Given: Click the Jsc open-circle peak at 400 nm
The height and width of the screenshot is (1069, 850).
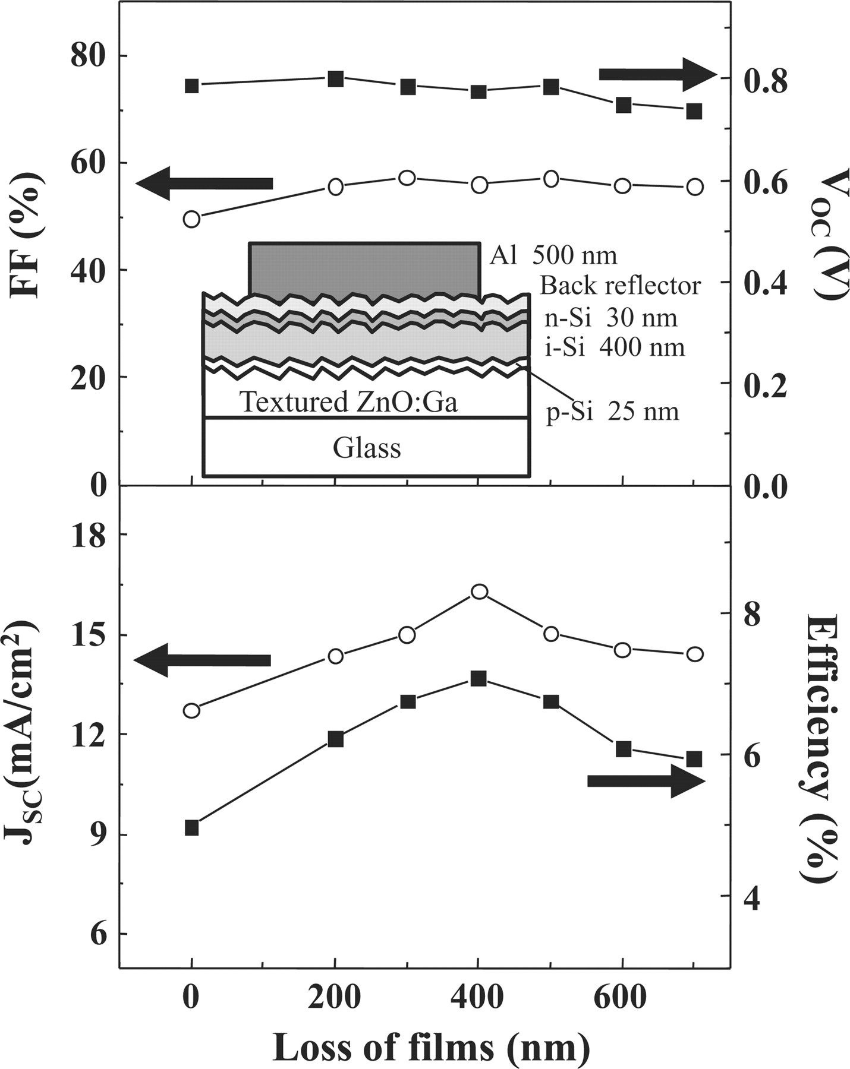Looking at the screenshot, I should [479, 592].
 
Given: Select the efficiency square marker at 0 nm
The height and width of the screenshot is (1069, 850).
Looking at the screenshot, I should [191, 828].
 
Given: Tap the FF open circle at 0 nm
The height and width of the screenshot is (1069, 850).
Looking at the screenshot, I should [191, 219].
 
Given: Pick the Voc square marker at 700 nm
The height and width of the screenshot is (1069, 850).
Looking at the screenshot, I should [694, 111].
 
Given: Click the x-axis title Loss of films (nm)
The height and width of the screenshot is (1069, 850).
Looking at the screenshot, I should [431, 1046].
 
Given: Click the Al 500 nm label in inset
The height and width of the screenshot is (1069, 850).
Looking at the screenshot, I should [553, 255].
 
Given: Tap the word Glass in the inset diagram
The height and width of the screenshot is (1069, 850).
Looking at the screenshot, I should [366, 448].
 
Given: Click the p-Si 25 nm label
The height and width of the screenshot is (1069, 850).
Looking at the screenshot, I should [612, 412].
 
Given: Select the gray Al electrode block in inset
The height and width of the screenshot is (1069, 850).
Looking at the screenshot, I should [364, 268].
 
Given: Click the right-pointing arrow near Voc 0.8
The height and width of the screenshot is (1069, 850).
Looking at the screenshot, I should [657, 75].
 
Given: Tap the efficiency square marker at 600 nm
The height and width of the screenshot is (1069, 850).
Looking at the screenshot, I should [623, 749].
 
